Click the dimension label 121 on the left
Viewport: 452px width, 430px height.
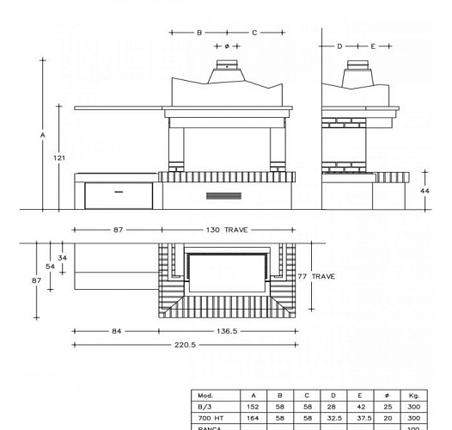(59, 157)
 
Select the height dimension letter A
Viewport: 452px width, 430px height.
(42, 135)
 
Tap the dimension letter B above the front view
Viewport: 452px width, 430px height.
(199, 32)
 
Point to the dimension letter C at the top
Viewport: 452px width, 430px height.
(254, 32)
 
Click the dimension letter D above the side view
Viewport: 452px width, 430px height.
(339, 46)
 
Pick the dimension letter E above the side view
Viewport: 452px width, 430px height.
(374, 46)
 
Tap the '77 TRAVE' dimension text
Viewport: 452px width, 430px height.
(317, 276)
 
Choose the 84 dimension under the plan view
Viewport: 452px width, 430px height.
(114, 330)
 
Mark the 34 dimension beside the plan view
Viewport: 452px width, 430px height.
(63, 257)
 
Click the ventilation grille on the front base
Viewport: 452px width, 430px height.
(219, 196)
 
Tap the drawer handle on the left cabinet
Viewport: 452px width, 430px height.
(119, 188)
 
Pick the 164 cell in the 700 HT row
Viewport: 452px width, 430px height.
(253, 416)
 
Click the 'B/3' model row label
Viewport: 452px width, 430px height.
(205, 406)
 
